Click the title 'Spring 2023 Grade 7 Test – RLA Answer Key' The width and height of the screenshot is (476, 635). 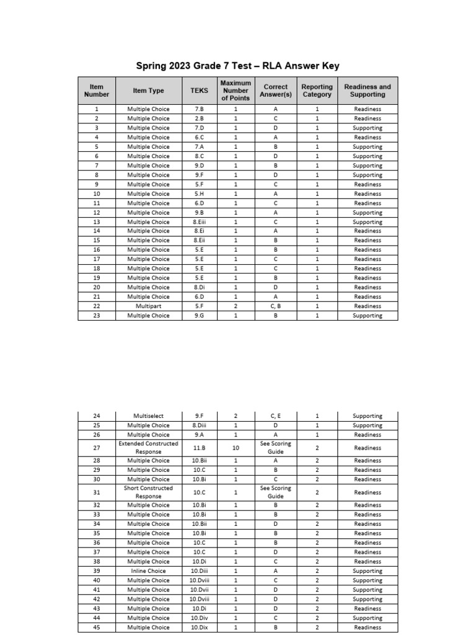[x=237, y=66]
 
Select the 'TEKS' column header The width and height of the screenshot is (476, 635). [x=199, y=91]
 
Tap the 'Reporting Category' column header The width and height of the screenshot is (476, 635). [x=317, y=91]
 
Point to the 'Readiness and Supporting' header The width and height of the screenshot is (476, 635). [x=368, y=91]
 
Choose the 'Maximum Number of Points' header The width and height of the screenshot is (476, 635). [x=236, y=91]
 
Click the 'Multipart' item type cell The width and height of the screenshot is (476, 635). [x=148, y=306]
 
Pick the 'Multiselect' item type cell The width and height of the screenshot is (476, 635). [x=148, y=416]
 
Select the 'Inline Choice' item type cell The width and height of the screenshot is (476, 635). [x=148, y=571]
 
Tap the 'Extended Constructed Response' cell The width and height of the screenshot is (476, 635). [x=148, y=448]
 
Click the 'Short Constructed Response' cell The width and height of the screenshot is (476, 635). [x=148, y=492]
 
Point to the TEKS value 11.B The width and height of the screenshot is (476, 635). [x=199, y=448]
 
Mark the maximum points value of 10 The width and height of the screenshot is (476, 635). [x=236, y=448]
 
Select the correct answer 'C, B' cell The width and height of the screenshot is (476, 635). [x=275, y=306]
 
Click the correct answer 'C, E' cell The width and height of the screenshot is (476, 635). [x=275, y=416]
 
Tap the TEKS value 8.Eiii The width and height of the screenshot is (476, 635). [x=199, y=222]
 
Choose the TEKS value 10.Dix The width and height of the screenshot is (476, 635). [x=199, y=628]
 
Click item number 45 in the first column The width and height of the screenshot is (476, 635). [x=96, y=628]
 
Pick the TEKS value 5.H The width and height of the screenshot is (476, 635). [x=199, y=193]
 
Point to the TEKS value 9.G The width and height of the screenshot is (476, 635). [x=199, y=316]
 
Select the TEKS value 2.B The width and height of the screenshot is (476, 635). [x=199, y=118]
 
